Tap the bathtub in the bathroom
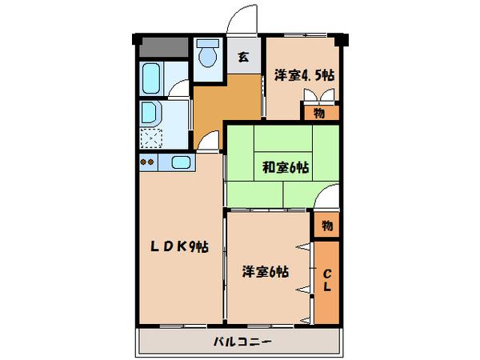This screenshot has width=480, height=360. click(x=151, y=80)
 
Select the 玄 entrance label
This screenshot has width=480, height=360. click(x=244, y=57)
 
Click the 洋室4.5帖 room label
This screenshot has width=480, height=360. click(x=303, y=74)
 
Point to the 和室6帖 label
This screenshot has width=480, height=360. click(x=286, y=167)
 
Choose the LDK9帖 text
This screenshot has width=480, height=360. click(x=179, y=247)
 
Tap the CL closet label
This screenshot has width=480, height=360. click(x=326, y=282)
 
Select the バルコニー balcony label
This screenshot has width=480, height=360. click(x=242, y=342)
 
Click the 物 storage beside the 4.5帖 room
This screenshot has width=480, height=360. click(x=319, y=114)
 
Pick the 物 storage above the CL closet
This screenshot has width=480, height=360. click(x=326, y=225)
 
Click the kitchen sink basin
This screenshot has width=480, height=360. click(x=180, y=164)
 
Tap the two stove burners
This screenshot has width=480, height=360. click(x=146, y=163)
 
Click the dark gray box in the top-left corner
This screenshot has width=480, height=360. click(x=162, y=47)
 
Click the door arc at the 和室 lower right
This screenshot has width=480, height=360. click(x=328, y=197)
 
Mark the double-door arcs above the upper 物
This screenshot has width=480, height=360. click(x=320, y=95)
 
